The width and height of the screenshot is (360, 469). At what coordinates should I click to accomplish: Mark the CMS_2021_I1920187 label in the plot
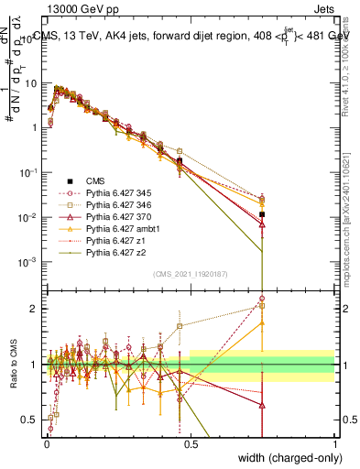(x=190, y=273)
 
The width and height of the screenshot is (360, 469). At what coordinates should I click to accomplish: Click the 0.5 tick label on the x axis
(x=190, y=446)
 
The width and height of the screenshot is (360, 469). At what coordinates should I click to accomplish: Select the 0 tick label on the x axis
(x=46, y=446)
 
